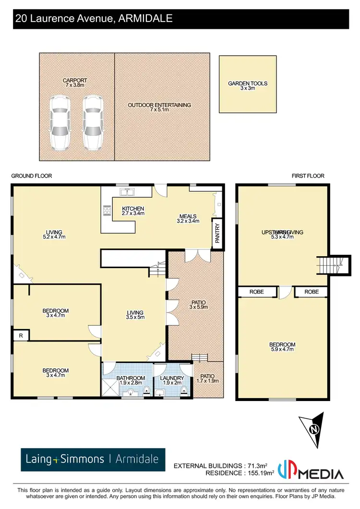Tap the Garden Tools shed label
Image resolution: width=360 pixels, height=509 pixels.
click(248, 83)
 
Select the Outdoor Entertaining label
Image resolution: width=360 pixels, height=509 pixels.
click(159, 105)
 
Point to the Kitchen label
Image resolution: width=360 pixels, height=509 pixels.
click(133, 209)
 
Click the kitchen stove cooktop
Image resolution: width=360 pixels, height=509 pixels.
click(106, 210)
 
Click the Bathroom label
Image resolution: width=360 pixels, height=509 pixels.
click(131, 378)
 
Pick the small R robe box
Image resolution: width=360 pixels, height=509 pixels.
click(21, 336)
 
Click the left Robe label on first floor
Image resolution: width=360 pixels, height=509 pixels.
click(257, 292)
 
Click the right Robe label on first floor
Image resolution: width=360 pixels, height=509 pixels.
click(311, 292)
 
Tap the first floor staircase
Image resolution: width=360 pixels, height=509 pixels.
click(330, 264)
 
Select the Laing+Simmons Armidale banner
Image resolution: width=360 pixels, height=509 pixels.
click(93, 460)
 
